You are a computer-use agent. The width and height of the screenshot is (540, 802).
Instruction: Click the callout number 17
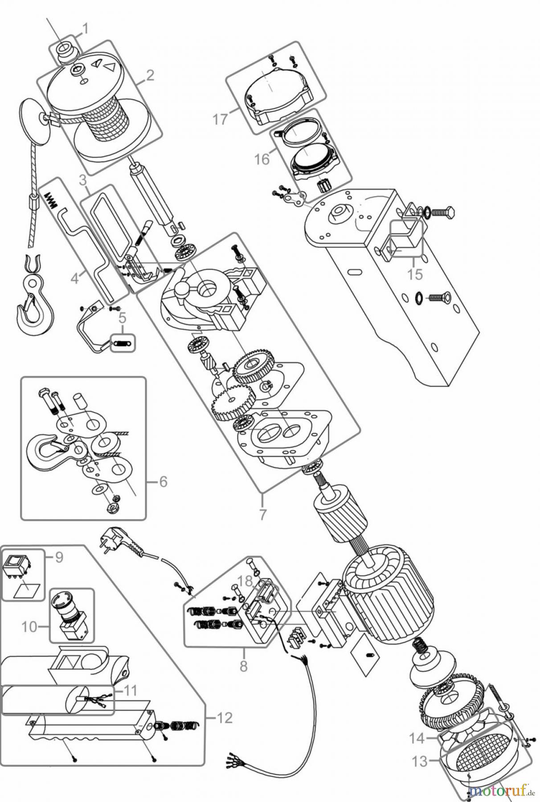pyautogui.click(x=220, y=119)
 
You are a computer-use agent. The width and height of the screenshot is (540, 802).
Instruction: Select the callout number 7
pyautogui.click(x=262, y=514)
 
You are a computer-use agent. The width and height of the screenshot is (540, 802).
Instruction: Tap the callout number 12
pyautogui.click(x=225, y=718)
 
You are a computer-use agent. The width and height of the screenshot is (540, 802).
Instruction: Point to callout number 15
pyautogui.click(x=415, y=274)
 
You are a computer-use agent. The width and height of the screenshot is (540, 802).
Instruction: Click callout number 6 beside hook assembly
pyautogui.click(x=163, y=481)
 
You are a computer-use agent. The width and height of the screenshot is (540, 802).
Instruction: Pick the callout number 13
pyautogui.click(x=419, y=761)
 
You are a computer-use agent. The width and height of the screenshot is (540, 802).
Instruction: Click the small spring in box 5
pyautogui.click(x=122, y=343)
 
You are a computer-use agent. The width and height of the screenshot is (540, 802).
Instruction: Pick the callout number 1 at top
pyautogui.click(x=84, y=29)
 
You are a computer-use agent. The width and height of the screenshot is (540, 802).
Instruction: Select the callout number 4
pyautogui.click(x=74, y=279)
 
